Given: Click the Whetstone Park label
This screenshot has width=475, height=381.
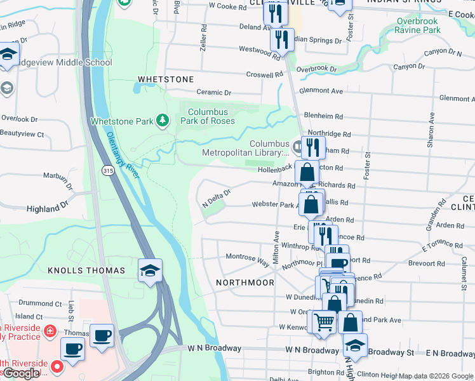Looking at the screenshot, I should [122, 121].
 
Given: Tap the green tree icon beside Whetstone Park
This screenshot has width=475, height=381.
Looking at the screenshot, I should [163, 120].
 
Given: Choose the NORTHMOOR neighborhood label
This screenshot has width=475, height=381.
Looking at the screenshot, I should [244, 282].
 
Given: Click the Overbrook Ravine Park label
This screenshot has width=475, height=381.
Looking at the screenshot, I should [418, 25].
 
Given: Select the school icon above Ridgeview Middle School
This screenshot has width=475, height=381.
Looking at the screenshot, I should [8, 54].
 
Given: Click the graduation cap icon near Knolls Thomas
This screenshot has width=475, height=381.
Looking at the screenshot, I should [151, 271].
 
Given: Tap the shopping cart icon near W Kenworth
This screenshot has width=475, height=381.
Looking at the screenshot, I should [324, 321].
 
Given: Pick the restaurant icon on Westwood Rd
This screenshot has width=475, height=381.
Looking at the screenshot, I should [281, 39].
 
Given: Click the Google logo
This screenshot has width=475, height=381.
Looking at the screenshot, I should [21, 373].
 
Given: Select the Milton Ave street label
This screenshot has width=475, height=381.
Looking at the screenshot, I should [277, 244].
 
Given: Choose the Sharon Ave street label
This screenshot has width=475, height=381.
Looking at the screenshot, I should [431, 131].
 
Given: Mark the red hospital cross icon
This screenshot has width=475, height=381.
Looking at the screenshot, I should [49, 330].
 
